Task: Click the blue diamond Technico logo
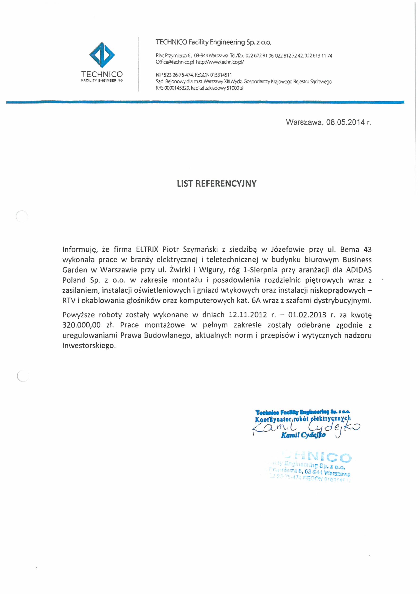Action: [102, 55]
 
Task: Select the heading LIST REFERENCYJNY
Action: [216, 184]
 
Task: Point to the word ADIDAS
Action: [359, 270]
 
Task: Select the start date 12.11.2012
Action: [248, 315]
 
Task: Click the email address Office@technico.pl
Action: [175, 62]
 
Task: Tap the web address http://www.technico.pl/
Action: [220, 62]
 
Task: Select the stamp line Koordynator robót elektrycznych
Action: [303, 418]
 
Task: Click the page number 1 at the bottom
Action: [370, 564]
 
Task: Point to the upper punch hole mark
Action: [22, 216]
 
